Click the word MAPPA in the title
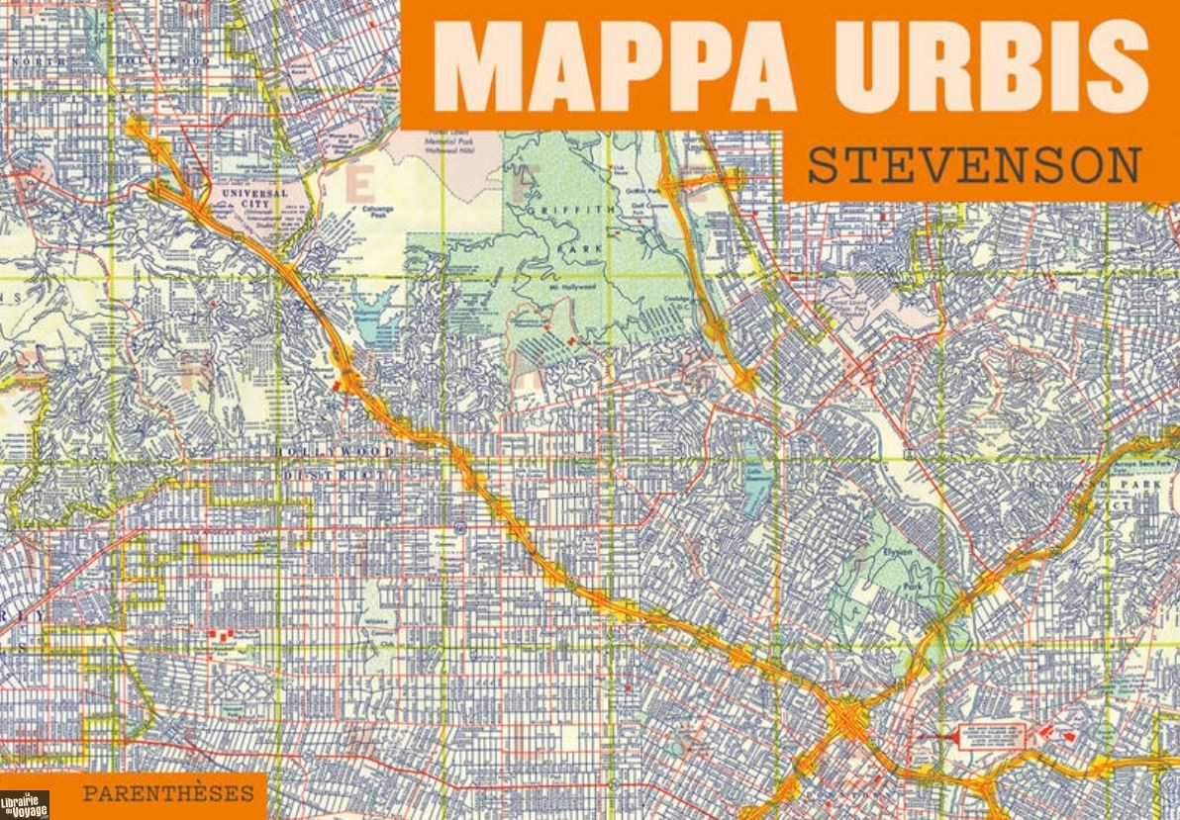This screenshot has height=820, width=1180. point(614,66)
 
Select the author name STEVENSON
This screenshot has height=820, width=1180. point(974,166)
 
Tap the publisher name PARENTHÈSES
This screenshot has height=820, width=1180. point(168,792)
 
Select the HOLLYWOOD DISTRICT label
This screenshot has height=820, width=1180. point(337,463)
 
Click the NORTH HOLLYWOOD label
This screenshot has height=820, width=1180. point(109,61)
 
